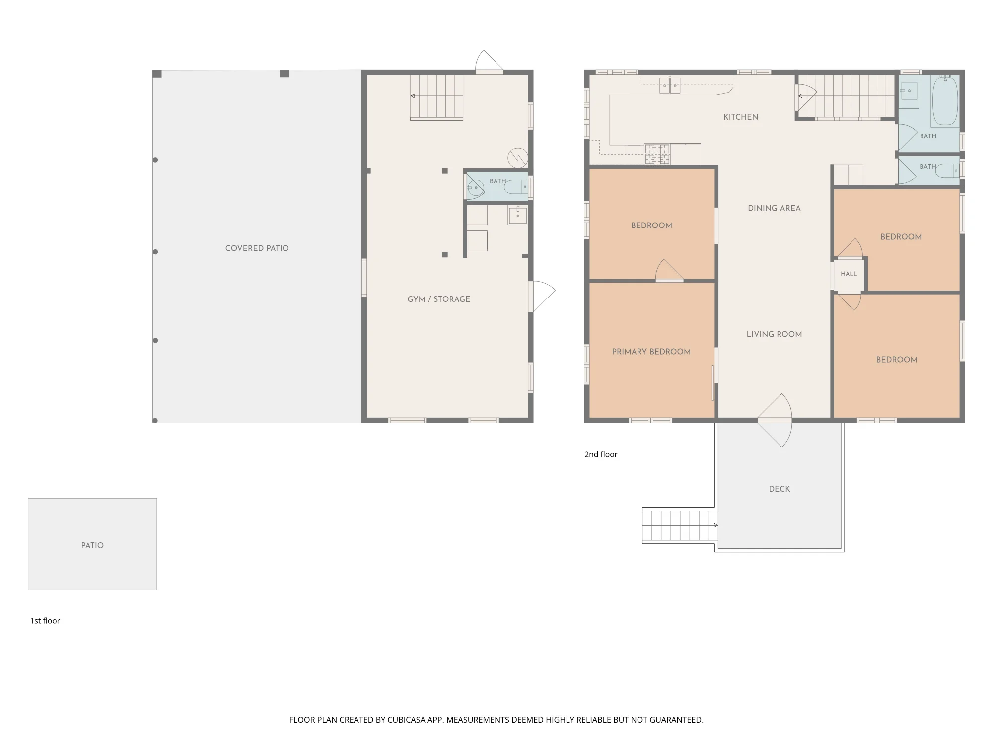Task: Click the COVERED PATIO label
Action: [x=257, y=248]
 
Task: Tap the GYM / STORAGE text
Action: [x=438, y=299]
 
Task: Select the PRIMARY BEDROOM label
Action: [x=651, y=352]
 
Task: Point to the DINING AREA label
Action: [x=774, y=208]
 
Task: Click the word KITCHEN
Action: [x=740, y=117]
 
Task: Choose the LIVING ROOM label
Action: [x=774, y=334]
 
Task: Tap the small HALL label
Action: [x=849, y=274]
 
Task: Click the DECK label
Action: [x=779, y=489]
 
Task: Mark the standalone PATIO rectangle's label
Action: [x=92, y=545]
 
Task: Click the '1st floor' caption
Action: [x=45, y=621]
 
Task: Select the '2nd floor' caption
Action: [x=601, y=454]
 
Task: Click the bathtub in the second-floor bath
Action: [x=945, y=101]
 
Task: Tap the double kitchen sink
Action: [x=670, y=85]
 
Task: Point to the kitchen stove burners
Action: [x=657, y=154]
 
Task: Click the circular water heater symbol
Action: [x=517, y=158]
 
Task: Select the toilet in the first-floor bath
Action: [x=516, y=187]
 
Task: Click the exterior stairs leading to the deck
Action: [x=679, y=525]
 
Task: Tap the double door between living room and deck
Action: [x=775, y=421]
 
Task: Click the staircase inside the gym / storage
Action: [x=436, y=97]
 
